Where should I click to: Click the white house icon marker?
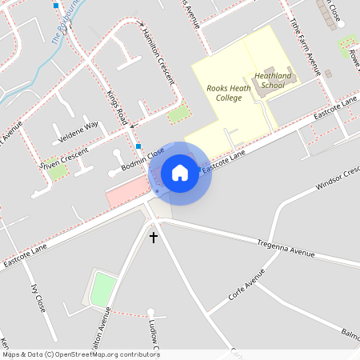click(x=180, y=173)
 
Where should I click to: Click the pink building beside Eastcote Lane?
click(x=128, y=194)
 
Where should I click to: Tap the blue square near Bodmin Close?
click(x=138, y=146)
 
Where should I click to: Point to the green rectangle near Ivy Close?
click(x=102, y=290)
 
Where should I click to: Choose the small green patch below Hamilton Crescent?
click(x=178, y=114)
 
